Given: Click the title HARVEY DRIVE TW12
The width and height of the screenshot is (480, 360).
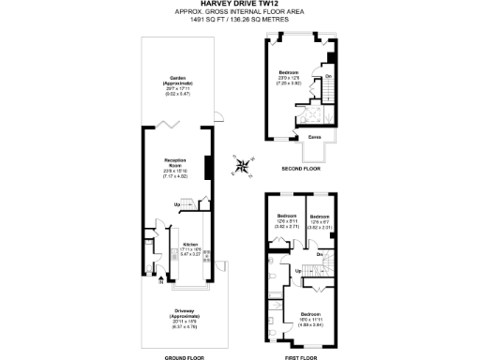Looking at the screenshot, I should [240, 4].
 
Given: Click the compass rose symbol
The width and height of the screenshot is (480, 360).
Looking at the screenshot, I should [244, 166].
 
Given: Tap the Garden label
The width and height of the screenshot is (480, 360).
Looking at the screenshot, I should [177, 78].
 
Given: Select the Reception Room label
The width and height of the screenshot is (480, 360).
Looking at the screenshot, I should [177, 165].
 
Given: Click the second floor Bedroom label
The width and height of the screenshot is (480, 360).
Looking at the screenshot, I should [290, 72].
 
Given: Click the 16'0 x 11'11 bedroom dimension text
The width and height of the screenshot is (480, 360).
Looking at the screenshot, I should [310, 319].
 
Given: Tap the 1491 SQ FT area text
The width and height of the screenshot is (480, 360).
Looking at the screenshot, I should [240, 19].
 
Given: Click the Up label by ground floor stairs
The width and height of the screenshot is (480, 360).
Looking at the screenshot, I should [176, 203].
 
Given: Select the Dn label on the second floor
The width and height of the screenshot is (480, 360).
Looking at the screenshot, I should [328, 76].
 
